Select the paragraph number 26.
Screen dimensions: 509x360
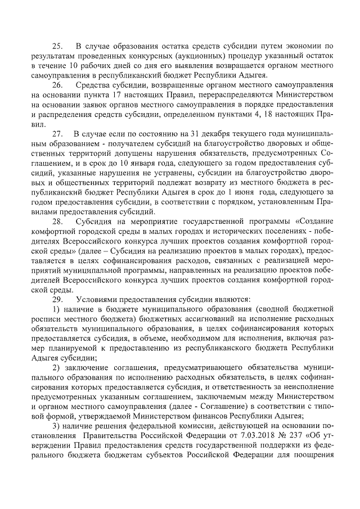57,85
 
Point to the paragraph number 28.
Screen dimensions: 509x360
57,222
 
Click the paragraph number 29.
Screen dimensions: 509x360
57,300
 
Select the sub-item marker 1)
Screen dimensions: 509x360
57,310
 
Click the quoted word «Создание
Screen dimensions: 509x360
312,222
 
